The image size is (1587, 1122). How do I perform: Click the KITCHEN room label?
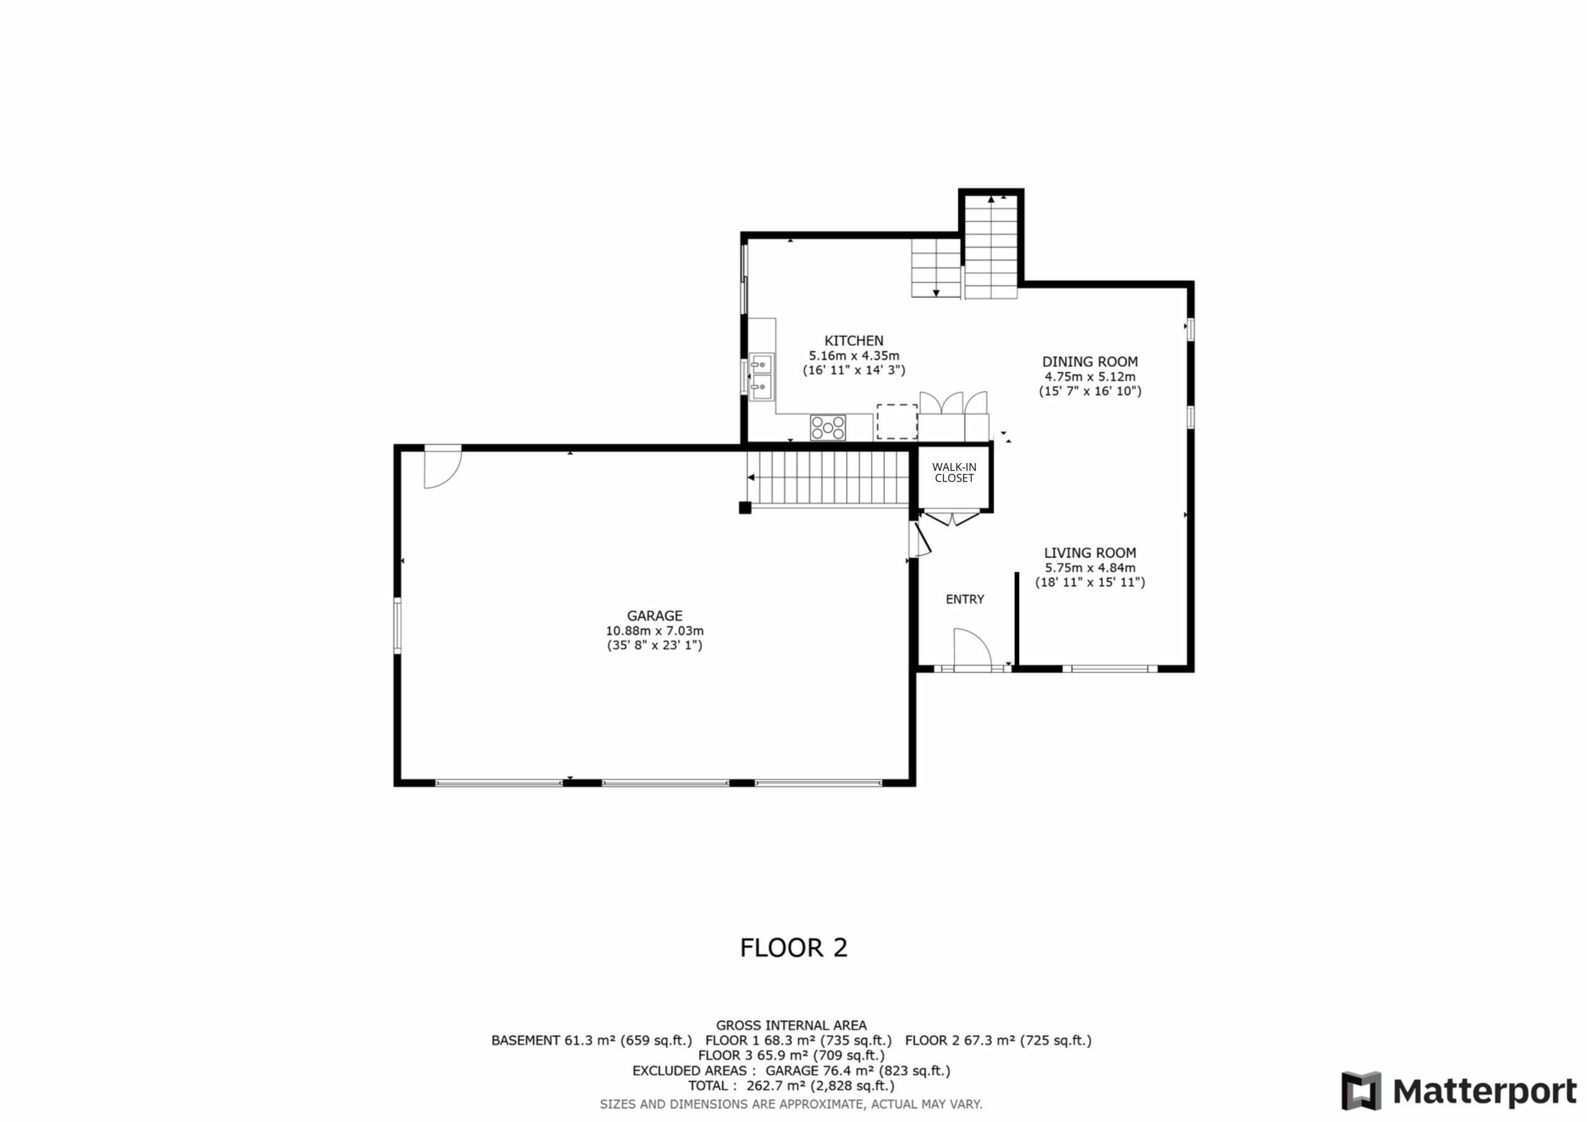click(x=854, y=341)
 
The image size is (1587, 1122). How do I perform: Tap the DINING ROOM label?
click(x=1090, y=361)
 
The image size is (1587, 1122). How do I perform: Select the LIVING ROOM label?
click(x=1090, y=553)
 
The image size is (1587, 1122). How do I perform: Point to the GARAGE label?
click(x=655, y=616)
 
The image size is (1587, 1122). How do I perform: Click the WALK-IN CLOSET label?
click(x=955, y=472)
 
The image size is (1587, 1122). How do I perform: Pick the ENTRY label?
click(x=965, y=599)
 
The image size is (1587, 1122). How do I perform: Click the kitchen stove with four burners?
click(x=828, y=427)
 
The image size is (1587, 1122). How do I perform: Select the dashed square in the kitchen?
click(x=897, y=422)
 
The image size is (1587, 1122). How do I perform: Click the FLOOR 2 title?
click(x=793, y=947)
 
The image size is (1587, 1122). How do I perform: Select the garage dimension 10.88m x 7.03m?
click(x=655, y=631)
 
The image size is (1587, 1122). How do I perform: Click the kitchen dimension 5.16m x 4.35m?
click(x=854, y=356)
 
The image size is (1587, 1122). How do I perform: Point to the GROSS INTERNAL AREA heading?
click(x=792, y=1025)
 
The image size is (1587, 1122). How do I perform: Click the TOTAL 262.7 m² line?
click(x=792, y=1085)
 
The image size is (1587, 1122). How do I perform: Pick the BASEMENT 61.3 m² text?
click(x=591, y=1040)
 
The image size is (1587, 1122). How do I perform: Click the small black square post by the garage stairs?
click(x=745, y=508)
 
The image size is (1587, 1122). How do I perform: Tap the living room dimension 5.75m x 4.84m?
click(x=1090, y=568)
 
